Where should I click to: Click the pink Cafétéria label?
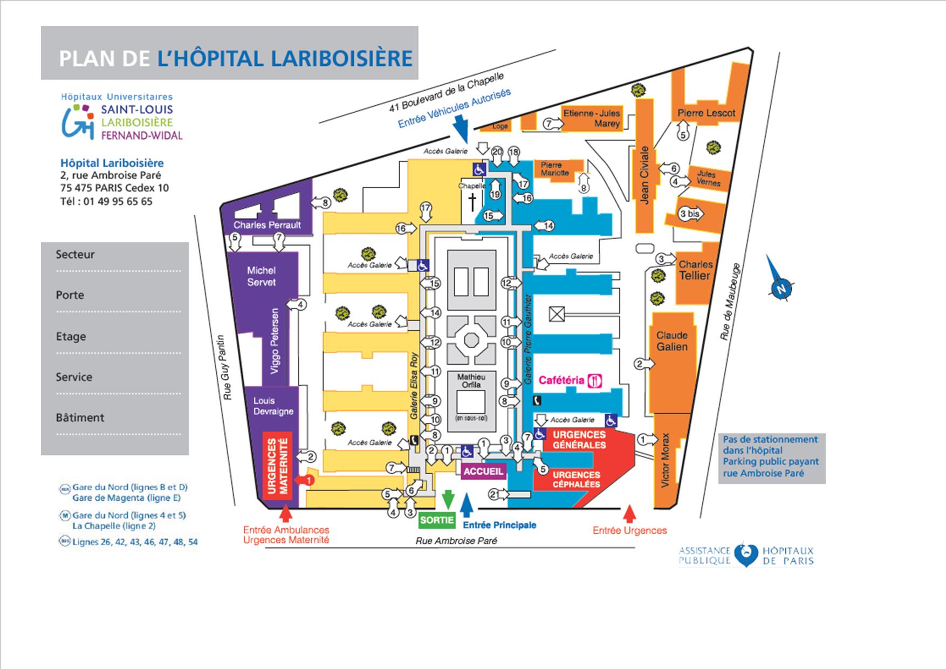coord(561,380)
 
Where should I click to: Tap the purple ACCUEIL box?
coord(483,471)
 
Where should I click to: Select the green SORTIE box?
coord(437,520)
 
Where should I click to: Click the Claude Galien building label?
coord(671,341)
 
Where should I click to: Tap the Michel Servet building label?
coord(261,276)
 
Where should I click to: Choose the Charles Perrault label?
coord(267,225)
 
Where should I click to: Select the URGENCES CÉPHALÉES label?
coord(576,479)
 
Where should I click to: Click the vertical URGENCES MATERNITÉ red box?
coord(277,466)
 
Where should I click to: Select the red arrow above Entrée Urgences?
coord(629,513)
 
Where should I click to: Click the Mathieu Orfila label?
coord(471,380)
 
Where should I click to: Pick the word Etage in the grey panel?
coord(71,336)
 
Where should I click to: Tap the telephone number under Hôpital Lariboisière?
coord(106,201)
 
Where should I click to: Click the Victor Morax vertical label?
coord(665,460)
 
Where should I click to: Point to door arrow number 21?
coord(495,494)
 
